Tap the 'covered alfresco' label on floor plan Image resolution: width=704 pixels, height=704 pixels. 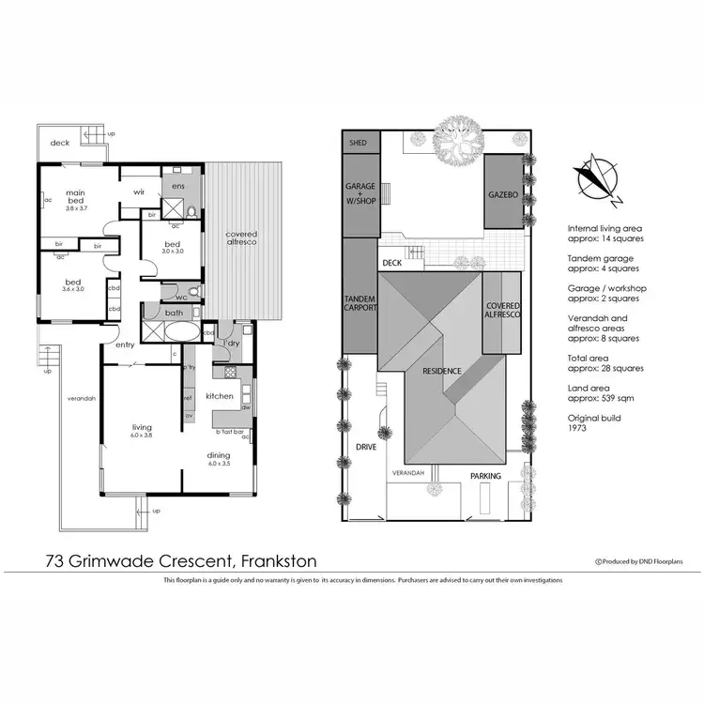241,238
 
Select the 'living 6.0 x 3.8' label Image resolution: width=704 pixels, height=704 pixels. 141,432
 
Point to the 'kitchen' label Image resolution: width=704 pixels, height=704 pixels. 219,396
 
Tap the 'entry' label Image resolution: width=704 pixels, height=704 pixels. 125,344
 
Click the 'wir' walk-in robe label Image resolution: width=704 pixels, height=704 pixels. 138,191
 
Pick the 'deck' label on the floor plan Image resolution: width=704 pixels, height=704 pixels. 60,143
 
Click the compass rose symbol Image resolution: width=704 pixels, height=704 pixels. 598,179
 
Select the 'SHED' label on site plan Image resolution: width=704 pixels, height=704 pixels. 358,144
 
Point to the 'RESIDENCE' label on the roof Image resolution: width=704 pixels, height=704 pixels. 441,371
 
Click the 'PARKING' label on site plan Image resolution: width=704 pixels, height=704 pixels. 485,476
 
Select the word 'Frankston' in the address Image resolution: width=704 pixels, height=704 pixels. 279,561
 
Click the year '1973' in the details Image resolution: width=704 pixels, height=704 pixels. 576,427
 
